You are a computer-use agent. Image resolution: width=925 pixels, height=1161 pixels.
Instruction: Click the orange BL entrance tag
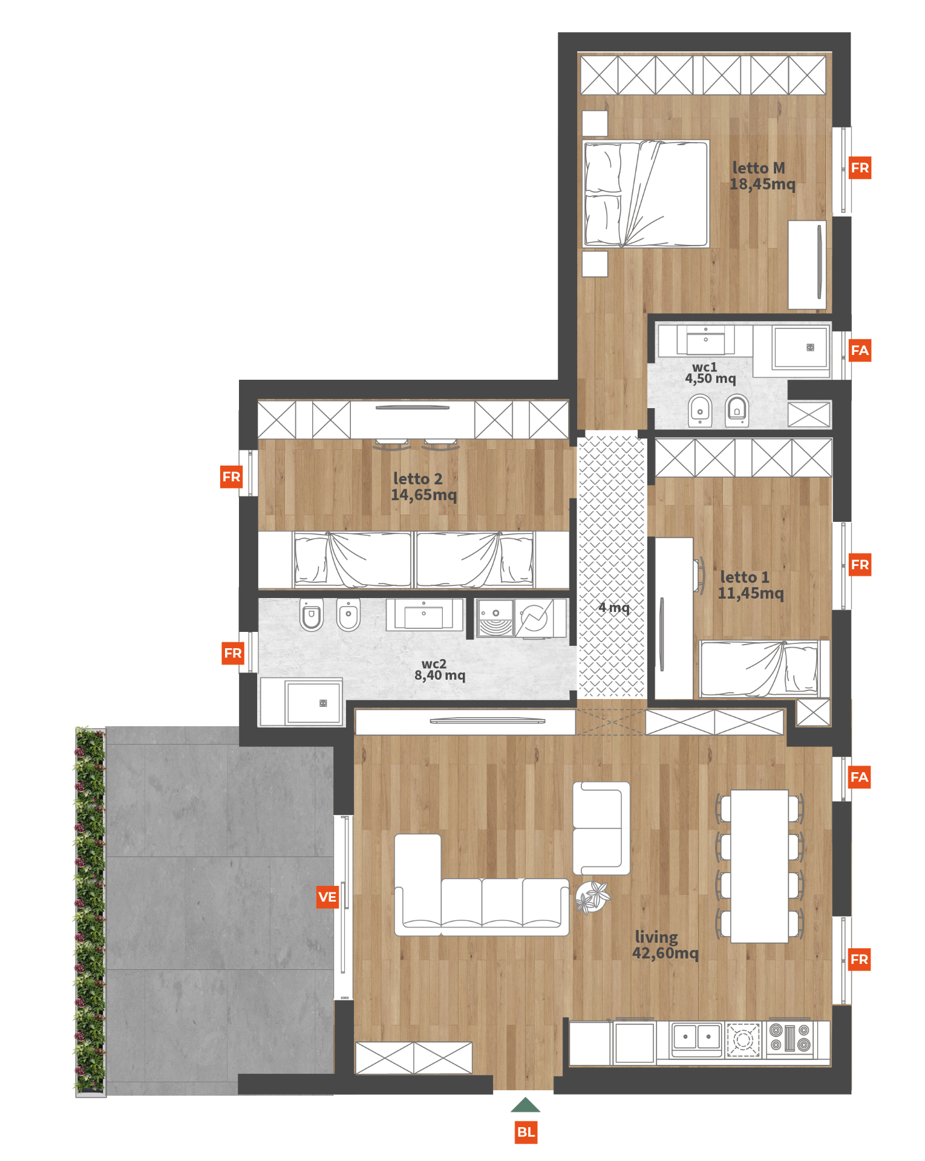[526, 1132]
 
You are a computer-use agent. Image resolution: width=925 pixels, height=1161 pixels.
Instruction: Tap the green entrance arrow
[525, 1105]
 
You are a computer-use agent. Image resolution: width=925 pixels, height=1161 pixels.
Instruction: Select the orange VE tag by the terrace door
[327, 897]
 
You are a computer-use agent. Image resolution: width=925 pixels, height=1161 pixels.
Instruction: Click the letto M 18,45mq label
[762, 176]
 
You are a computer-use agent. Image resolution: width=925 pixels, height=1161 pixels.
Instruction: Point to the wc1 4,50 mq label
[710, 373]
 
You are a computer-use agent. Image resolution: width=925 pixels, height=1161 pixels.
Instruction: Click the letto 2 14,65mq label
[423, 487]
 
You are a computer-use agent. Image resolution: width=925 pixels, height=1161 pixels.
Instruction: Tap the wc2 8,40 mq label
[440, 670]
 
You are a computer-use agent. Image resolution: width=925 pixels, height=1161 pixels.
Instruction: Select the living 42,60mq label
[665, 945]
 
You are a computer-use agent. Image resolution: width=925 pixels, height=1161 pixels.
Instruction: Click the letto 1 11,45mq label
[750, 585]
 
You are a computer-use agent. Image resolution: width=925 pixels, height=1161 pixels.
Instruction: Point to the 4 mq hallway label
[613, 608]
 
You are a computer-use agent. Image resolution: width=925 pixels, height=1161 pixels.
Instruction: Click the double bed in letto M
[646, 194]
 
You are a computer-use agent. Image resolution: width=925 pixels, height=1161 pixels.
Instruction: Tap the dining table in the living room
[760, 866]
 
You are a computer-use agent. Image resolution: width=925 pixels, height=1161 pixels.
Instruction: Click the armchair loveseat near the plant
[601, 828]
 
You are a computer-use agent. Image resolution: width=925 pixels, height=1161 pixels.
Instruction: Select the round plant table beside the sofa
[592, 897]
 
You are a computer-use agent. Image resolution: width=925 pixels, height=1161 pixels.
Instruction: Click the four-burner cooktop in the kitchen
[789, 1039]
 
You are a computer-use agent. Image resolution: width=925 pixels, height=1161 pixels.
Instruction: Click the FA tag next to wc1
[860, 350]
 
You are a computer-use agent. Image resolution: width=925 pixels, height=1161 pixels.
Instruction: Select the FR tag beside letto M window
[860, 167]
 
